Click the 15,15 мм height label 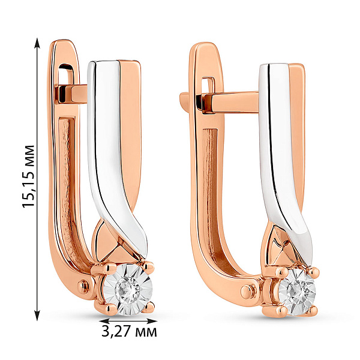(28, 176)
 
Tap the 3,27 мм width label (129, 332)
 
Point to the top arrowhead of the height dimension (37, 43)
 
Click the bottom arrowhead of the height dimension (37, 315)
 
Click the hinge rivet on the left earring (83, 286)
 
